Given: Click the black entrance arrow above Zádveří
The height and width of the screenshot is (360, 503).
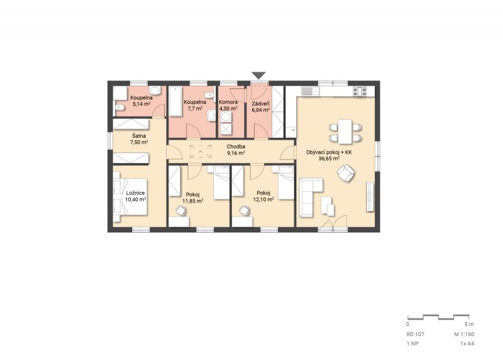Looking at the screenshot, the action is [258, 76].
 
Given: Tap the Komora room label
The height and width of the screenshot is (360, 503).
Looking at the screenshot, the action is [228, 102].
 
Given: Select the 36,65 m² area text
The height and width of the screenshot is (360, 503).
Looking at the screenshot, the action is [329, 159].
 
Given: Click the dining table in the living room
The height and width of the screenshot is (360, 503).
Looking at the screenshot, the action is [345, 132].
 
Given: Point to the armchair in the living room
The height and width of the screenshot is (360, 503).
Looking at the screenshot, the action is [346, 173].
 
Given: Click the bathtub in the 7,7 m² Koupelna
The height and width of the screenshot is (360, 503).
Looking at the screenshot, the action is [175, 101].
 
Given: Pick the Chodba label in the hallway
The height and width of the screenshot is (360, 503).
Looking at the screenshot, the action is [236, 147].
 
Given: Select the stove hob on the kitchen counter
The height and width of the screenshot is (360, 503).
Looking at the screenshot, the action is [360, 91].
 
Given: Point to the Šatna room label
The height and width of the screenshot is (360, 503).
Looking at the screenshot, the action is [139, 136].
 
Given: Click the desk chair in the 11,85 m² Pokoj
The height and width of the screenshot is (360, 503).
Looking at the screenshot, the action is [181, 211].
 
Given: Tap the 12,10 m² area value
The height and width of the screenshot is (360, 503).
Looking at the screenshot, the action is [263, 200].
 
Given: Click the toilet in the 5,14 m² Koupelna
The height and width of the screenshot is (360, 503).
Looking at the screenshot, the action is [119, 108].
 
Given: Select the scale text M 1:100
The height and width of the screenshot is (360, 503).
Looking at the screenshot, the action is [464, 334].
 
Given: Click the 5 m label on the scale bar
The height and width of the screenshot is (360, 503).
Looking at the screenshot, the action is [469, 324].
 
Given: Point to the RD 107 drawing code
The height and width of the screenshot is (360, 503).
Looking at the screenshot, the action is [415, 334].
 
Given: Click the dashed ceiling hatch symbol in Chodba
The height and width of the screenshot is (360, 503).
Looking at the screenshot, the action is [201, 151].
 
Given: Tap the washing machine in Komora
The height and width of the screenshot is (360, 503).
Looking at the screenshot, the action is [226, 117].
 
